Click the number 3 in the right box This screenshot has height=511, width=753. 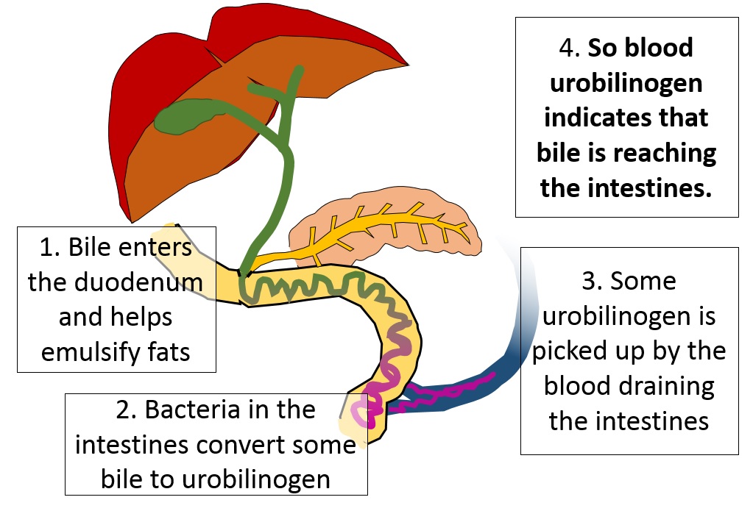tap(587, 280)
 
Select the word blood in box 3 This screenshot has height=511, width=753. tap(576, 386)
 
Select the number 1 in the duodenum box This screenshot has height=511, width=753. tap(46, 247)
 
